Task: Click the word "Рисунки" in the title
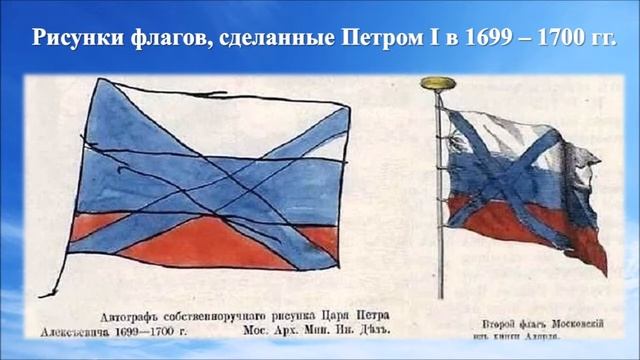click(x=72, y=39)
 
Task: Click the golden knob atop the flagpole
click(x=437, y=83)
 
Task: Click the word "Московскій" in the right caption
click(x=570, y=324)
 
